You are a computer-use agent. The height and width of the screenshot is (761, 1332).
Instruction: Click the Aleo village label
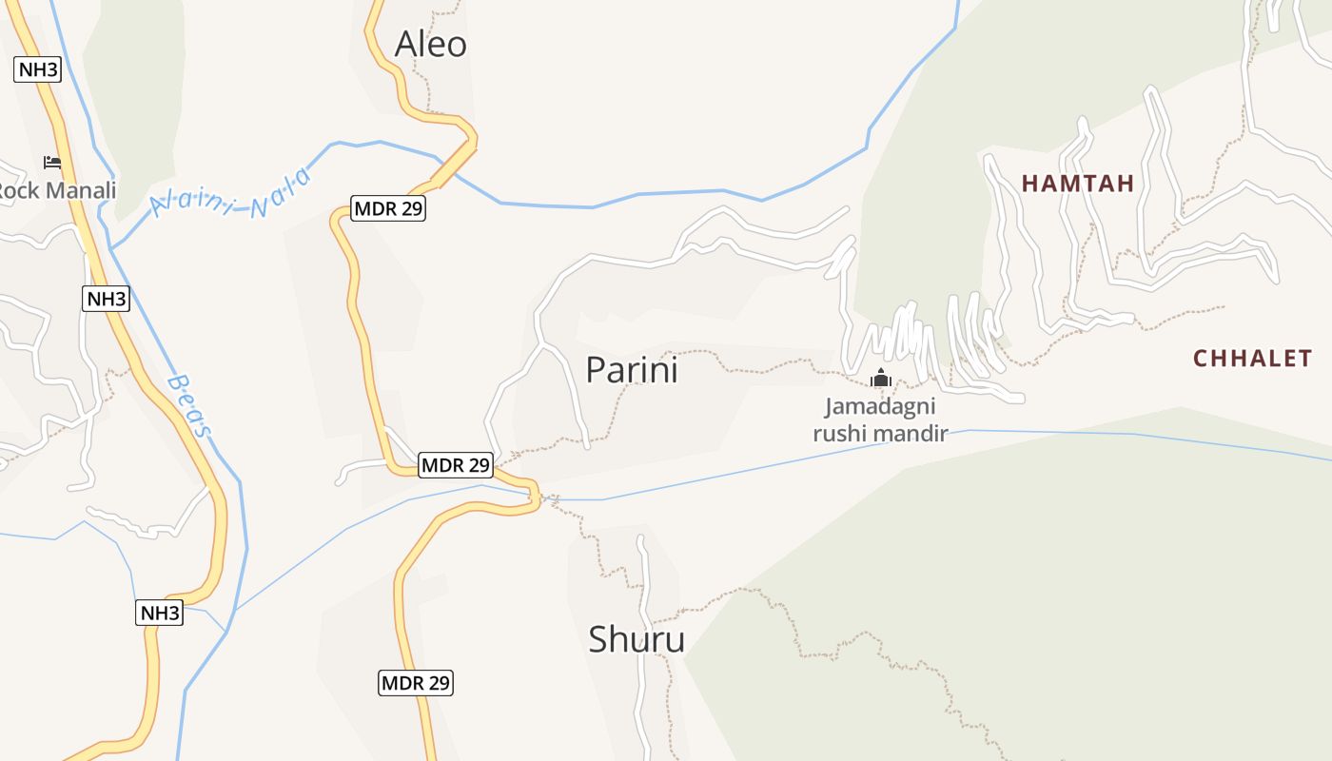click(430, 44)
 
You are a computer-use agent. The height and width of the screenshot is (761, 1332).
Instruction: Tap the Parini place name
click(632, 369)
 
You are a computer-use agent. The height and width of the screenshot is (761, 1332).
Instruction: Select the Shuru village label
click(637, 639)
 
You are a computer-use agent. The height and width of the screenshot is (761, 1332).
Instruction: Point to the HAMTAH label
click(1078, 184)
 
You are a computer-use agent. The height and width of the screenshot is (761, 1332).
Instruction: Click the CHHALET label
click(1253, 359)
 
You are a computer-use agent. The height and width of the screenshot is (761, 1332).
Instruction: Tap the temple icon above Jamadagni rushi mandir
click(880, 378)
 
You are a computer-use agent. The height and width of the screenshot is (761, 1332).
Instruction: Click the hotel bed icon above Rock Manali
click(52, 163)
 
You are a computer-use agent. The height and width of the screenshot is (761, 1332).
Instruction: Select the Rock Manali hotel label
click(57, 190)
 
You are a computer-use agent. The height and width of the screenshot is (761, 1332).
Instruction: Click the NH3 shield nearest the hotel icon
click(38, 69)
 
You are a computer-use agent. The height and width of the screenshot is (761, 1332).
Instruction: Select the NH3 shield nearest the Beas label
click(106, 299)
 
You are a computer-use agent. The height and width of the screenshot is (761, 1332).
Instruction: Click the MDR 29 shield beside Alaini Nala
click(388, 208)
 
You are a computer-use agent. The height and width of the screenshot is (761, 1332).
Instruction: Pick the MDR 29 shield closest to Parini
click(456, 465)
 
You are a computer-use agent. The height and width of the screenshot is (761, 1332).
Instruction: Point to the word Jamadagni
click(880, 407)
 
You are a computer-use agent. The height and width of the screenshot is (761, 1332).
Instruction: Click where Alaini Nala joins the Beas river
click(111, 248)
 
